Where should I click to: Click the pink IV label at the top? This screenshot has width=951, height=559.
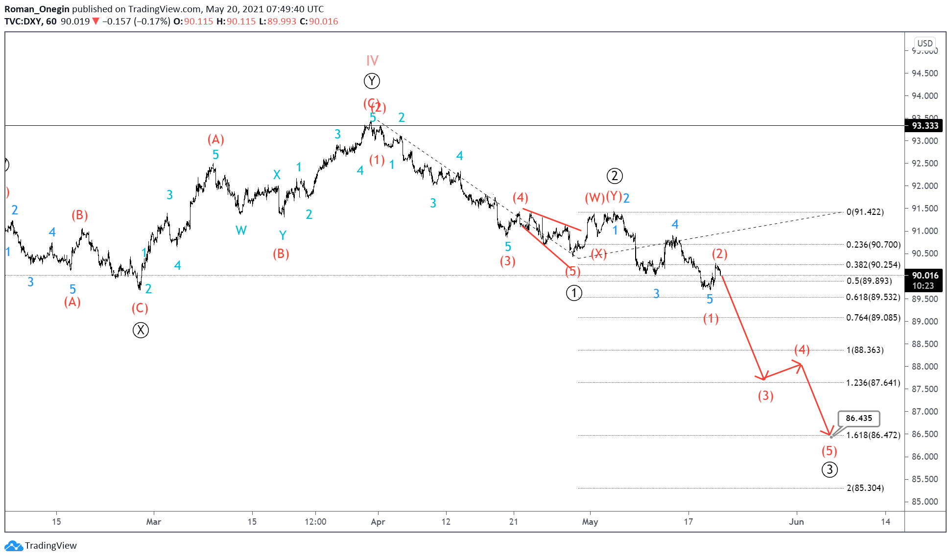point(372,61)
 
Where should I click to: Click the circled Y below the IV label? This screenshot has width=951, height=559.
point(372,81)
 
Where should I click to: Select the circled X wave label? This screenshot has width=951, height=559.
point(141,330)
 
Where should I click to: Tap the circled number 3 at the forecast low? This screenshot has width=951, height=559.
point(829,469)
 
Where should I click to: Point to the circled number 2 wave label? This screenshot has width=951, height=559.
point(614,176)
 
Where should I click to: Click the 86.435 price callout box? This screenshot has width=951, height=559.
point(858,418)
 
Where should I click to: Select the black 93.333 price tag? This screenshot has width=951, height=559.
point(925,126)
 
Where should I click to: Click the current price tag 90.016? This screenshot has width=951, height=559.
point(925,276)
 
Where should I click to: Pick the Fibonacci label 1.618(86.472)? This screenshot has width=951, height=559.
point(873,435)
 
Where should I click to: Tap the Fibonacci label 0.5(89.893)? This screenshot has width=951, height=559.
point(869,281)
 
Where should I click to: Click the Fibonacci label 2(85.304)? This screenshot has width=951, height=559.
point(865,488)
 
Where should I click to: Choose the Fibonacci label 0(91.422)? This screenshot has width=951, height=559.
point(865,212)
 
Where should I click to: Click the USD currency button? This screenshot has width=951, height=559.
point(925,43)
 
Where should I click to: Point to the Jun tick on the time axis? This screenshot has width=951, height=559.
point(796,522)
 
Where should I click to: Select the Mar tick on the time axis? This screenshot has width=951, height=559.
point(153,522)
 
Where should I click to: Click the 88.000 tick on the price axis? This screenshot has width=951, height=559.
point(925,367)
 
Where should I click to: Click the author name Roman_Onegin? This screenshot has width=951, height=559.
point(37,9)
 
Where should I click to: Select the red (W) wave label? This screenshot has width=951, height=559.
point(594,198)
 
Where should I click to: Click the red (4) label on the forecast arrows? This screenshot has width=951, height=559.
point(802,349)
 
